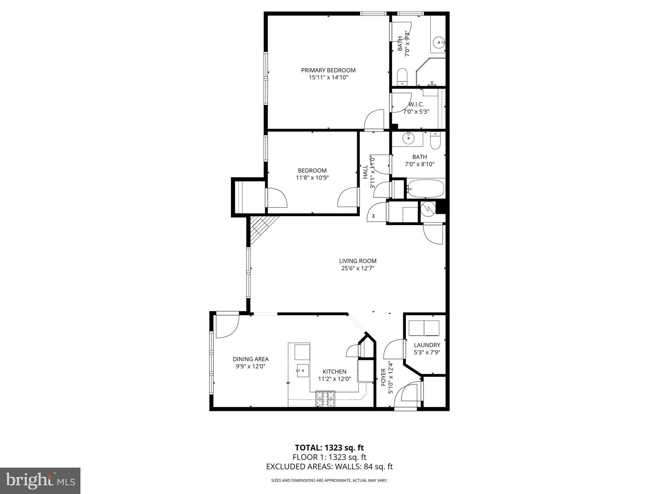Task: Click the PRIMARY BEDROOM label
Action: [x=328, y=70]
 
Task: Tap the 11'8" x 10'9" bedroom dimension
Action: [x=312, y=178]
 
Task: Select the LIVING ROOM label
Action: [x=357, y=261]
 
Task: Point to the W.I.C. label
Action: [x=416, y=105]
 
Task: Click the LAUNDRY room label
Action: [x=427, y=345]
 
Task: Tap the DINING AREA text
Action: [x=250, y=359]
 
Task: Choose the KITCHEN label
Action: [x=334, y=371]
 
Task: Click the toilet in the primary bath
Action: [x=402, y=77]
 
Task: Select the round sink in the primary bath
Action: [x=438, y=42]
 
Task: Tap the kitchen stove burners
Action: [x=325, y=399]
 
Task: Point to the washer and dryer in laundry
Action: [x=424, y=328]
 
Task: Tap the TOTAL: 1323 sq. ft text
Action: [x=329, y=448]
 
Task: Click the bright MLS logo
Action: [x=40, y=481]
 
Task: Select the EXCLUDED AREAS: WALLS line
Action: [x=329, y=467]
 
